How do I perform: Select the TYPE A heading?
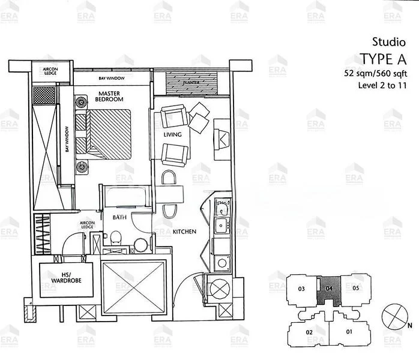[384, 59]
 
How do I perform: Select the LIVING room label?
[172, 135]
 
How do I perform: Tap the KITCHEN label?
[185, 230]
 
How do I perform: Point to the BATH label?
[118, 218]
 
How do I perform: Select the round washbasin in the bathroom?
[142, 245]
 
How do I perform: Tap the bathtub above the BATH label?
[125, 197]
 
